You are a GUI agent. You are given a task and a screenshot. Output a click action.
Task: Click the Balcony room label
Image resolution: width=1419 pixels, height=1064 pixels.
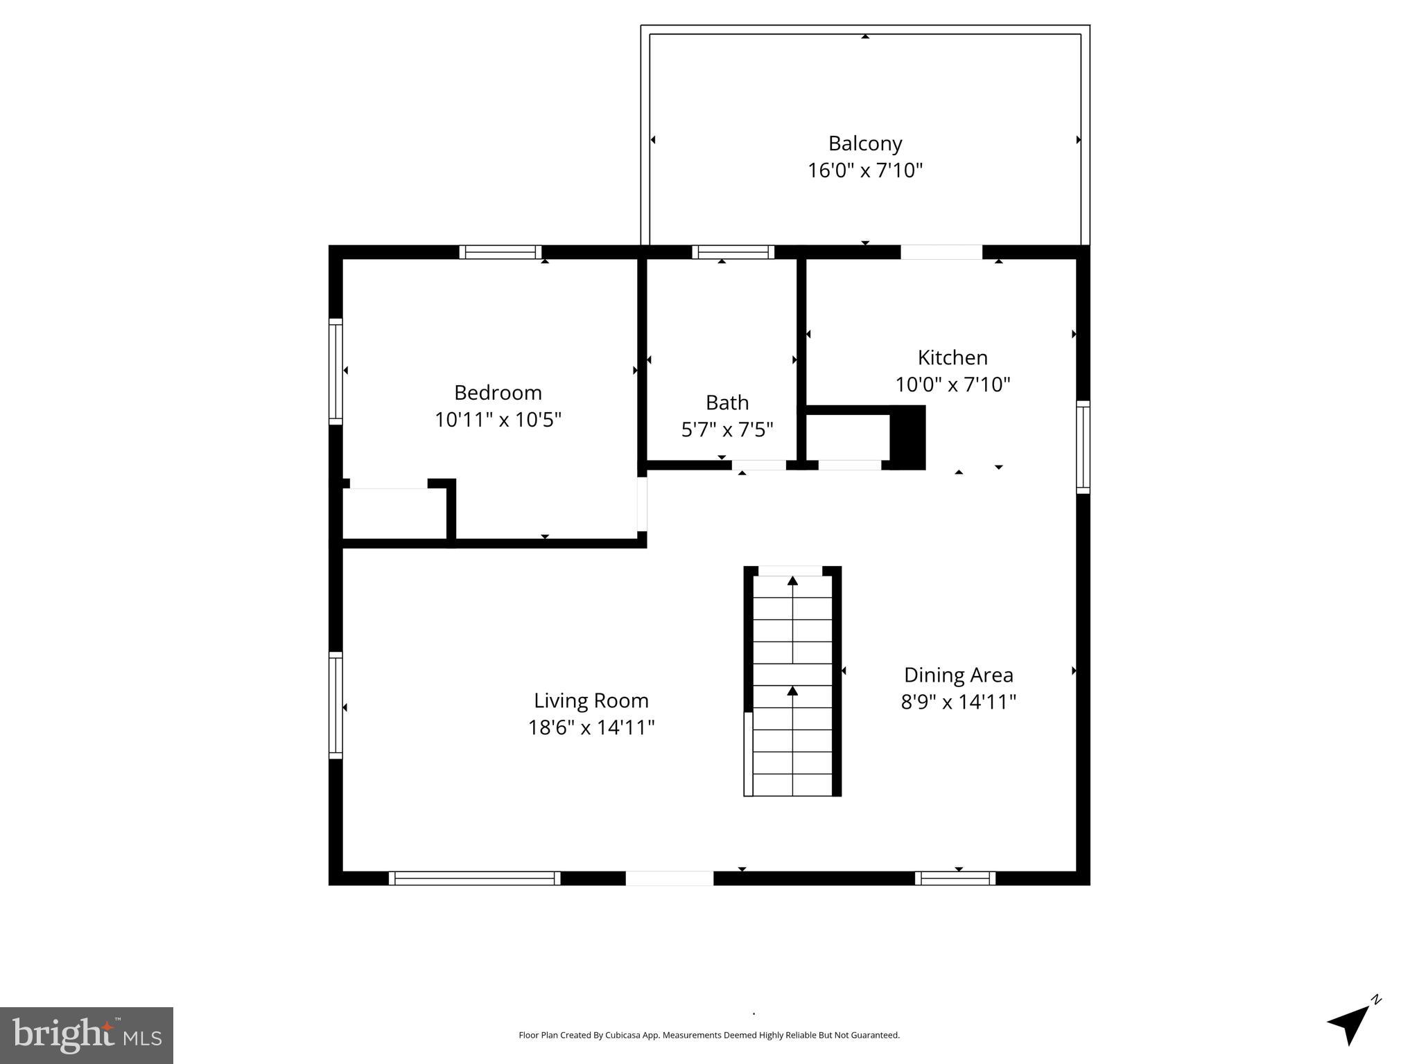click(864, 143)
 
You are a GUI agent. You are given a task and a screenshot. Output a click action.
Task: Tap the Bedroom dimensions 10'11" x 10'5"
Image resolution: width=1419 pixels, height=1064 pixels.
click(498, 420)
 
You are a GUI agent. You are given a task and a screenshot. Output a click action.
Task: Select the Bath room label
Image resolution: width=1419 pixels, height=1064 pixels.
click(726, 402)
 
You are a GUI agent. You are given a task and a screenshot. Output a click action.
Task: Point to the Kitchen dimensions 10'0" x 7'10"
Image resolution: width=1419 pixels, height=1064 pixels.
click(952, 384)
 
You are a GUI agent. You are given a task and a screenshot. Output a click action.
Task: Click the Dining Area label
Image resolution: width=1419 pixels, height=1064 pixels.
click(958, 675)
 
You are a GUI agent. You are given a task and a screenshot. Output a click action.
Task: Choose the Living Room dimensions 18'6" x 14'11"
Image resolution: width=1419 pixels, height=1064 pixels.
click(591, 727)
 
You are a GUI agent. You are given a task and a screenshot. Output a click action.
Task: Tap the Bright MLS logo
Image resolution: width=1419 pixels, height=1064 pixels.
click(87, 1035)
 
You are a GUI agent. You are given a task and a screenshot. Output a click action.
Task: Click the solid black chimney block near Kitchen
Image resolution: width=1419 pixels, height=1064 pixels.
click(907, 438)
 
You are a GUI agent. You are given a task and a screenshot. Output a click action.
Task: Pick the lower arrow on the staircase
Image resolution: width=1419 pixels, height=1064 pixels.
click(792, 691)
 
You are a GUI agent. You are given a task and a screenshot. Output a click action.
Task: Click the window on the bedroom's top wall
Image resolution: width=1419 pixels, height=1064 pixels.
click(500, 252)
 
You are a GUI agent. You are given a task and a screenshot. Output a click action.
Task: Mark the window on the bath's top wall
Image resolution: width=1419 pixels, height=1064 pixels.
click(733, 252)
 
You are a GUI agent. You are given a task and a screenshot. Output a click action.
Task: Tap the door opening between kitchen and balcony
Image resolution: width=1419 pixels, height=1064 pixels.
click(941, 252)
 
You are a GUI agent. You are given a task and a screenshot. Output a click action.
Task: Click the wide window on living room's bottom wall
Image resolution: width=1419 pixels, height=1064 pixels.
click(474, 878)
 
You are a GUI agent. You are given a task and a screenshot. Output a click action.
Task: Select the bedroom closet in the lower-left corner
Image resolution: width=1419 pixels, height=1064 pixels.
click(394, 513)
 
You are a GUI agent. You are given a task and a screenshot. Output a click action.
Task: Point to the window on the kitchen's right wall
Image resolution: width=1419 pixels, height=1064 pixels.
click(1083, 447)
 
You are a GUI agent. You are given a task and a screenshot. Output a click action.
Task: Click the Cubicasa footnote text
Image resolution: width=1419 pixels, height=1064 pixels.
click(708, 1035)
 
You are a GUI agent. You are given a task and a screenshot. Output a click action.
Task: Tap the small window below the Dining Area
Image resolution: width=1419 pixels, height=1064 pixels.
click(955, 878)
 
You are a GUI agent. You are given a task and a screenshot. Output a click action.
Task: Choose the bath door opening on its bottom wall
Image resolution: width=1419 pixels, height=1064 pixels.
click(759, 465)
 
